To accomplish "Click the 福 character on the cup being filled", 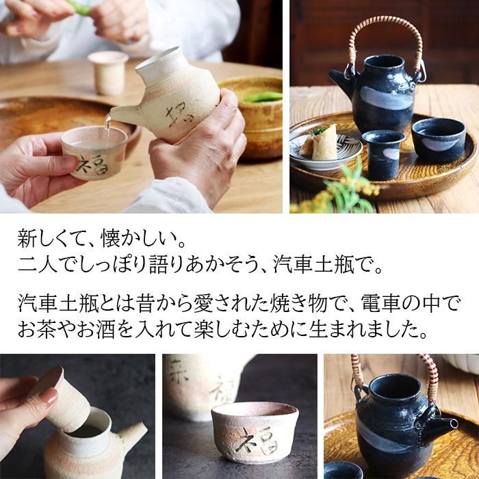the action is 92,165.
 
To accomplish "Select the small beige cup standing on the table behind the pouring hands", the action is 108,73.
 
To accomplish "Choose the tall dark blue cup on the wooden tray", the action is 383,154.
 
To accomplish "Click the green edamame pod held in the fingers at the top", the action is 80,8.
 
